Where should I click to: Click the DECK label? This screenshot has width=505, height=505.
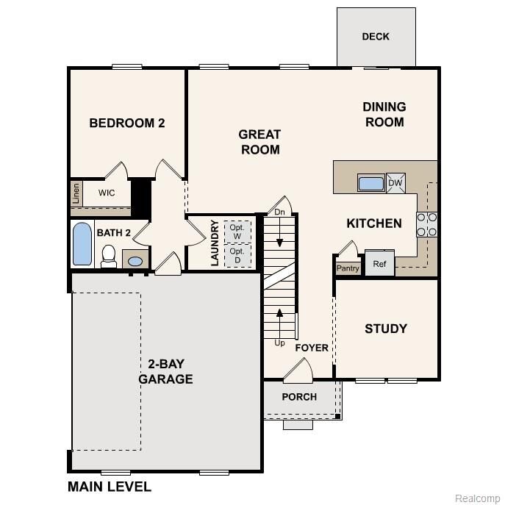click(x=376, y=37)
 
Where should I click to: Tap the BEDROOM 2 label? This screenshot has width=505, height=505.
click(x=126, y=123)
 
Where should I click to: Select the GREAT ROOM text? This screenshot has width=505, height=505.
click(x=259, y=142)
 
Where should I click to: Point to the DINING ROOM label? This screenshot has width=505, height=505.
click(x=384, y=115)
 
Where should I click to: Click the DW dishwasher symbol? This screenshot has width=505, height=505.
click(x=395, y=183)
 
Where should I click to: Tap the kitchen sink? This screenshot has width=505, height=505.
click(x=370, y=183)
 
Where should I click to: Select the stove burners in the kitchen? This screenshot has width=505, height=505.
click(x=427, y=224)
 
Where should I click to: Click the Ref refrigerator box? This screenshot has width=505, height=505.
click(x=380, y=263)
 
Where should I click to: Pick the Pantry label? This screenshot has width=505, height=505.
click(x=348, y=268)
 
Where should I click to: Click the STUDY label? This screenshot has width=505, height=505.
click(x=386, y=329)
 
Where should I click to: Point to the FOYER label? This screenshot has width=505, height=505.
click(x=312, y=348)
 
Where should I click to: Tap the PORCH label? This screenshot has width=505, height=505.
click(x=300, y=397)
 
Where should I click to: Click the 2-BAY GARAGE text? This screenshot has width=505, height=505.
click(x=169, y=373)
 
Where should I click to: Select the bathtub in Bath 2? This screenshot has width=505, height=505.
click(x=82, y=245)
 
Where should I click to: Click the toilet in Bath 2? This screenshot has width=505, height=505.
click(x=109, y=255)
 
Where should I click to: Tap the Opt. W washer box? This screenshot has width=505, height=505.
click(x=237, y=232)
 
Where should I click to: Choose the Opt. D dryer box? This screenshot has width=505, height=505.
click(x=237, y=256)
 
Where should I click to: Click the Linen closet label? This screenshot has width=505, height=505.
click(x=76, y=194)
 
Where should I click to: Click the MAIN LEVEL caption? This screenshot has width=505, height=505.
click(x=110, y=487)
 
